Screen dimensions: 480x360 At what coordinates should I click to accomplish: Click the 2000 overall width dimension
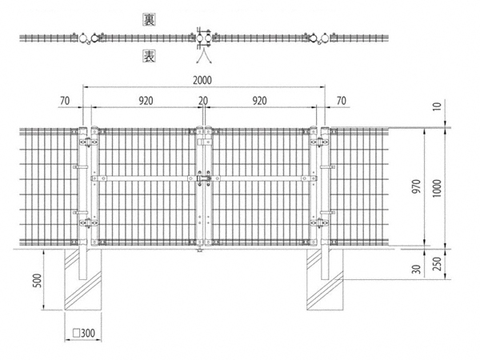(202, 80)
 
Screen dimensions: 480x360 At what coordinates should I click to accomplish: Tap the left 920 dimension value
(146, 101)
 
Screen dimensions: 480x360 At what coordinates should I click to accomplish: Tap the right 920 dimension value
(259, 101)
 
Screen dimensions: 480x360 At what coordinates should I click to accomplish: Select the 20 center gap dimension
(203, 101)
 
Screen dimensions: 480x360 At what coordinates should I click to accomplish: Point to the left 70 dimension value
(65, 101)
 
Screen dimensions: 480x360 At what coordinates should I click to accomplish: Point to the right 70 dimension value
(342, 101)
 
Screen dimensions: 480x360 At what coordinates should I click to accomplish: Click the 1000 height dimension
(437, 188)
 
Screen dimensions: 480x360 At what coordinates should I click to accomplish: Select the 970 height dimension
(417, 186)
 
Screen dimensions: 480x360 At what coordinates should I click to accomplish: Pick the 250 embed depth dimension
(438, 264)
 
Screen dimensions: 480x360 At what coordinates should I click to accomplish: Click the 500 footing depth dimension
(37, 281)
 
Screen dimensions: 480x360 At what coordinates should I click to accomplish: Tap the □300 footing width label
(84, 333)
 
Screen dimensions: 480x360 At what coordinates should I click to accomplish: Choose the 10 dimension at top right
(438, 106)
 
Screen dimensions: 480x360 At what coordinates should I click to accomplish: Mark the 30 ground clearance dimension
(417, 270)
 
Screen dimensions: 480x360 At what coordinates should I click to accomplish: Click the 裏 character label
(149, 20)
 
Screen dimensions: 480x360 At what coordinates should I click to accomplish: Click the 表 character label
(149, 57)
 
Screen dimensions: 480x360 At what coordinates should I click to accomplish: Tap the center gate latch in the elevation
(203, 178)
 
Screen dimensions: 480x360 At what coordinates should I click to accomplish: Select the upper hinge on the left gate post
(89, 142)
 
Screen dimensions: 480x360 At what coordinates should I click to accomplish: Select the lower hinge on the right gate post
(319, 223)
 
